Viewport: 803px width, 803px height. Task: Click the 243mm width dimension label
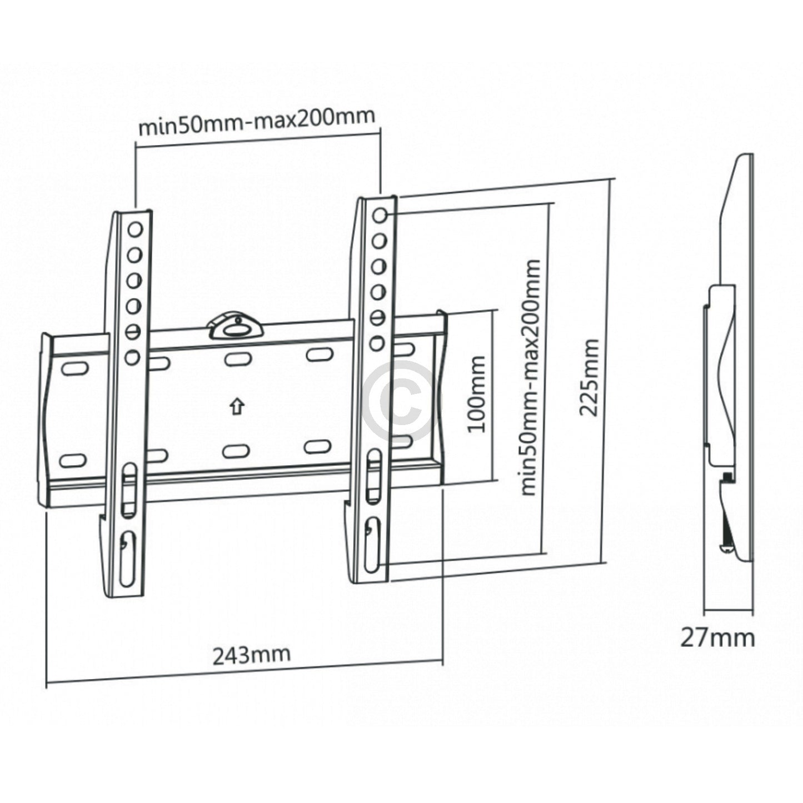click(251, 654)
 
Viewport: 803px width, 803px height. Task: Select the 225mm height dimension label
click(589, 377)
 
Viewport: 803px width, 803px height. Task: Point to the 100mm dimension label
click(476, 395)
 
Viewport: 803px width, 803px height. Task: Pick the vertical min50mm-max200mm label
click(530, 377)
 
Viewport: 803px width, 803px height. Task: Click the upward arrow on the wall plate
click(237, 407)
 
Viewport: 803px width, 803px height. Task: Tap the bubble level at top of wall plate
click(236, 327)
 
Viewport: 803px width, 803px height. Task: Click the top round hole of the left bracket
click(135, 228)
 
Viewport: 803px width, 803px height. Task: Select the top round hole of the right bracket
click(380, 215)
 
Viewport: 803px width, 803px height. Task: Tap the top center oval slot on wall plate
click(236, 358)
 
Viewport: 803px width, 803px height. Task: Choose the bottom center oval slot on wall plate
click(236, 450)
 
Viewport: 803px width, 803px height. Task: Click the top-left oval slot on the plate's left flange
click(74, 368)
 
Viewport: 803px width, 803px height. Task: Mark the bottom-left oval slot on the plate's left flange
click(73, 460)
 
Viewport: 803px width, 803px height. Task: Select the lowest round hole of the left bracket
click(132, 358)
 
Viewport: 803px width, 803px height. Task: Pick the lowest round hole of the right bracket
click(377, 343)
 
